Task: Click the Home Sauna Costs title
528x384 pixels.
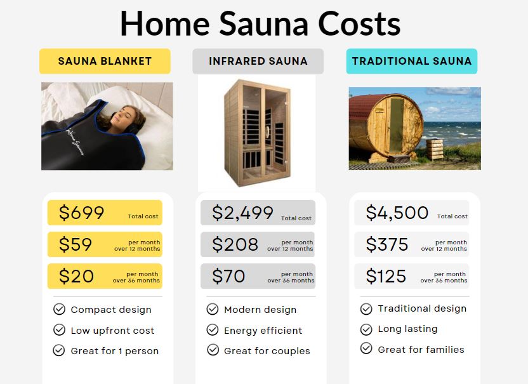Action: click(x=260, y=24)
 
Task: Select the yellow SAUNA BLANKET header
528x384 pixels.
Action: click(x=105, y=62)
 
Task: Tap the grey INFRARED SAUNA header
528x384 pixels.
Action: click(x=258, y=62)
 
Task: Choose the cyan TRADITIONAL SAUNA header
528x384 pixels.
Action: click(x=412, y=62)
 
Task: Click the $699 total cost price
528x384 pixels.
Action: click(x=81, y=213)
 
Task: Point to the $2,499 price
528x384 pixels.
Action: click(x=242, y=213)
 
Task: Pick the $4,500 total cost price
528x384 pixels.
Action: click(x=397, y=213)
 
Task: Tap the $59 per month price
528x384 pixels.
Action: click(x=76, y=244)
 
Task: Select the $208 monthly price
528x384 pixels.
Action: click(x=235, y=244)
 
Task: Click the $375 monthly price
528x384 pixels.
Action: click(x=387, y=244)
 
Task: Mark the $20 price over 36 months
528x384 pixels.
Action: click(x=76, y=276)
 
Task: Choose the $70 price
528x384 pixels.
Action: click(x=228, y=276)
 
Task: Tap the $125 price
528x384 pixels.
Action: click(x=386, y=276)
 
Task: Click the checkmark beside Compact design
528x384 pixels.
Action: click(x=59, y=309)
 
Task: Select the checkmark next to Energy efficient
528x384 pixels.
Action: click(x=213, y=330)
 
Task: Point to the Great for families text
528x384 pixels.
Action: click(x=421, y=349)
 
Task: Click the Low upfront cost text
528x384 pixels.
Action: click(x=112, y=330)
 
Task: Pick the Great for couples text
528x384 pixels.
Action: click(x=267, y=350)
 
